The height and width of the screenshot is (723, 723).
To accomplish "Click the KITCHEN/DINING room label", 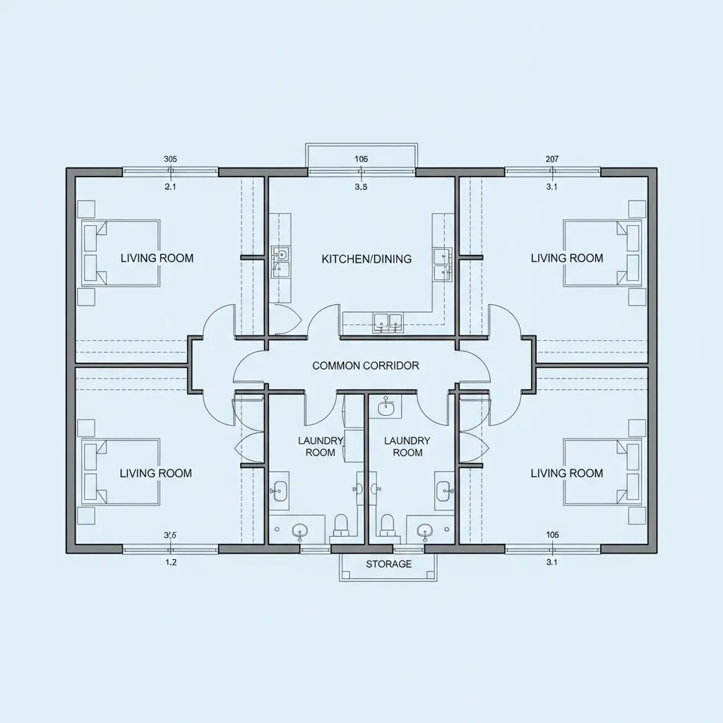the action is tap(366, 258).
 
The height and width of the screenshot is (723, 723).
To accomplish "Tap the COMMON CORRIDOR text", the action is tap(366, 366).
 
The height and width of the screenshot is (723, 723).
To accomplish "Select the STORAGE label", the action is tap(389, 564).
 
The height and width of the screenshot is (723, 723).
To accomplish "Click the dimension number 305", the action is tap(170, 159).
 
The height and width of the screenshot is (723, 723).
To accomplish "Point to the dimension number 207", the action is tap(552, 159).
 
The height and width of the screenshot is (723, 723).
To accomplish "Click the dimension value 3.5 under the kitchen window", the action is tap(361, 186).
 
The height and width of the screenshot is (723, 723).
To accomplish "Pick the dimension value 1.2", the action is tap(171, 562).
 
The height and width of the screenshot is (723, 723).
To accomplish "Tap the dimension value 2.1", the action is tap(171, 186).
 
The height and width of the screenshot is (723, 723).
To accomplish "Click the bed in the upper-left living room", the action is tap(121, 253).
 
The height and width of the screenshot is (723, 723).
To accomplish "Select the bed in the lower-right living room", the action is tap(602, 471).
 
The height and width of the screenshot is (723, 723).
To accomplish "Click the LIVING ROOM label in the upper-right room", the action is tap(567, 258).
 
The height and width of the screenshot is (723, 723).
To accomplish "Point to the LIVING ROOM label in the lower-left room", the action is tap(156, 473).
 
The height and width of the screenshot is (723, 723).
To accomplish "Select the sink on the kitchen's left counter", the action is tap(280, 263).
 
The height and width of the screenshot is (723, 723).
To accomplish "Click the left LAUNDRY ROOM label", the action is tap(321, 446).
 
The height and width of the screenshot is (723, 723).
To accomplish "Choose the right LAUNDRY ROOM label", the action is tap(407, 446).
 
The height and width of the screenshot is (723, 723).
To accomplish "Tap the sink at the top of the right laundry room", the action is tap(386, 407).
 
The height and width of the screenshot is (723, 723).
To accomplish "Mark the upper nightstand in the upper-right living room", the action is tap(638, 209).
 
